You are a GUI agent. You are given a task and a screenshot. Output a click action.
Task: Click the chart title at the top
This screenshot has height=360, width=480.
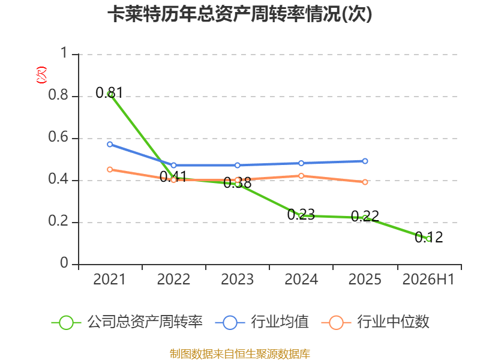(239, 14)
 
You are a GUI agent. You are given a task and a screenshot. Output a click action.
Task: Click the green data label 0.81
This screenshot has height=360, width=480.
(109, 92)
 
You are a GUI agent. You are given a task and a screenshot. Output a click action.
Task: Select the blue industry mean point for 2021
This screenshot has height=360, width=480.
(110, 144)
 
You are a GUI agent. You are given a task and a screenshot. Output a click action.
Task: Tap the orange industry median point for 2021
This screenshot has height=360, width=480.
(110, 169)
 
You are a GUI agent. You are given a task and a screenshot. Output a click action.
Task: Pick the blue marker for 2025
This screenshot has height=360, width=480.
(365, 161)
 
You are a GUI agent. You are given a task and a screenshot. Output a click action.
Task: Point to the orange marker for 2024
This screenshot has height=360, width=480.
(301, 176)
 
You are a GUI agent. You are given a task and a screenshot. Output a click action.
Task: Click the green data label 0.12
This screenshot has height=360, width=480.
(428, 237)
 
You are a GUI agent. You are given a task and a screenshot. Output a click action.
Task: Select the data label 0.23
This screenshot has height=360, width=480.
(301, 214)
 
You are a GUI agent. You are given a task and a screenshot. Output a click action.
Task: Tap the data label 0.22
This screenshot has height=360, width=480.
(365, 216)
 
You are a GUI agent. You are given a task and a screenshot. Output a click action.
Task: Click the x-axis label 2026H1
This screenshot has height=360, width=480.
(428, 279)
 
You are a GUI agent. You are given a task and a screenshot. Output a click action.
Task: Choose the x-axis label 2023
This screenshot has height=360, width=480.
(237, 279)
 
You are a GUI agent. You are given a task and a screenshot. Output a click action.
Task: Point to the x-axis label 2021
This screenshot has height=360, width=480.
(109, 279)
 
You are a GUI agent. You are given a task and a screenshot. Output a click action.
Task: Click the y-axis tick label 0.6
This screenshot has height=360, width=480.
(58, 137)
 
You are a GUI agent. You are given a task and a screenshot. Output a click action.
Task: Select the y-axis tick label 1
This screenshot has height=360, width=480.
(64, 53)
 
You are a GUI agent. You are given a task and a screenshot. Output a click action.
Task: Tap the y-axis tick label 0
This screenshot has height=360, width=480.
(64, 263)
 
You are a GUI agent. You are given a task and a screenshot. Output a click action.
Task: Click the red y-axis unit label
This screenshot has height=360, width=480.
(41, 75)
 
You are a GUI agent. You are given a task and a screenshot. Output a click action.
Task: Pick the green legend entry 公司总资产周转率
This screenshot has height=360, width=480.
(127, 322)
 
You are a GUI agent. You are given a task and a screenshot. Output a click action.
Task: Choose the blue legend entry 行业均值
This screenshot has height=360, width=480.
(262, 322)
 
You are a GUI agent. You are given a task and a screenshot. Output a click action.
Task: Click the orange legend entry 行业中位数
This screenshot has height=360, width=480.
(376, 322)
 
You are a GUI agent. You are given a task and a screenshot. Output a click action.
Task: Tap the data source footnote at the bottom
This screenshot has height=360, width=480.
(239, 354)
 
